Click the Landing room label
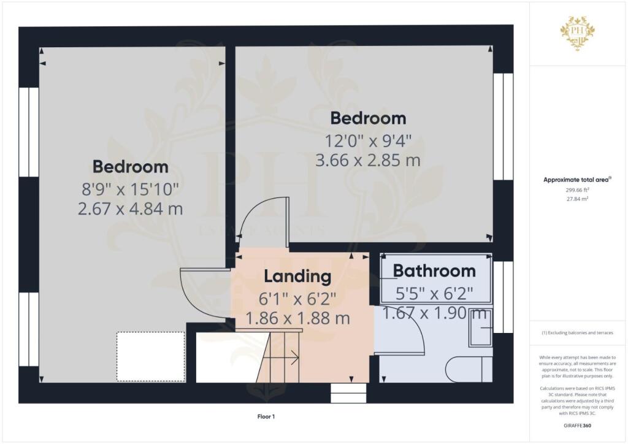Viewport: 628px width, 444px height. click(297, 277)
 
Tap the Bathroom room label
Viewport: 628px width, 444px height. click(434, 271)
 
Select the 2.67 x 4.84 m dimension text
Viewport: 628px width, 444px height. click(130, 209)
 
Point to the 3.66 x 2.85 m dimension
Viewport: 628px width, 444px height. click(368, 160)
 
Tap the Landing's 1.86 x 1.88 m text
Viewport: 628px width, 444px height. click(297, 318)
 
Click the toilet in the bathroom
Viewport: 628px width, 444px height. click(469, 369)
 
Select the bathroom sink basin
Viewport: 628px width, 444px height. click(480, 327)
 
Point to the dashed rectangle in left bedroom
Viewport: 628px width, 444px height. click(151, 356)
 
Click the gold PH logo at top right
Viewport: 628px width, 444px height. click(578, 33)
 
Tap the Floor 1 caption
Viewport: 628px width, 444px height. click(266, 417)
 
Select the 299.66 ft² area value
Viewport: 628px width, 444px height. click(577, 190)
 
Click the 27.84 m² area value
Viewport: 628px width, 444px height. click(577, 199)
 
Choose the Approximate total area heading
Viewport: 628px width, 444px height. click(577, 180)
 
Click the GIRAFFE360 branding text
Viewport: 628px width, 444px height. click(577, 426)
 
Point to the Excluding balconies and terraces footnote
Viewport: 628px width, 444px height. click(577, 333)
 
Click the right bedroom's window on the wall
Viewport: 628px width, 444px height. click(503, 126)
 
